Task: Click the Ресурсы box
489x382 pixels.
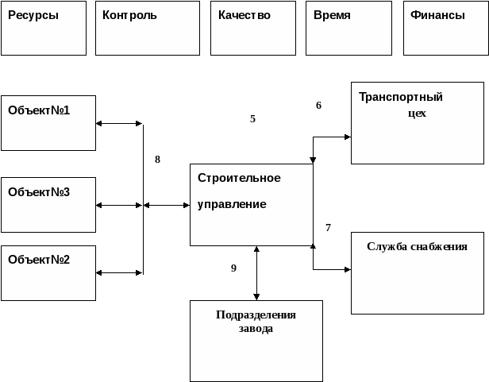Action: (43, 29)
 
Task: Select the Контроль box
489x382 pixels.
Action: (147, 29)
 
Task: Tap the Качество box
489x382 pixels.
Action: (254, 29)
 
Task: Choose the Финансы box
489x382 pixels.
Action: (445, 29)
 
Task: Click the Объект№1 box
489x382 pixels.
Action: (48, 122)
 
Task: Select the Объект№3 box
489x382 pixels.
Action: (48, 204)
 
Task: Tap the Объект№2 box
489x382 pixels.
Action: (48, 272)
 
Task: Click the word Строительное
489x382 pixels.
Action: (239, 178)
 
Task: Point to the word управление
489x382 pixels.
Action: (232, 204)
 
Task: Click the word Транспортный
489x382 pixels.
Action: (401, 98)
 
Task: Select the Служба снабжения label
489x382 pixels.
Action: (417, 246)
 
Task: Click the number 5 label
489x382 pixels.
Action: (252, 119)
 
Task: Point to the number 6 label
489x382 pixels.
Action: (318, 105)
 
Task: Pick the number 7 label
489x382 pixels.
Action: (328, 228)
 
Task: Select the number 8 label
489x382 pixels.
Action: (157, 159)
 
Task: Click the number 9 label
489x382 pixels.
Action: (233, 268)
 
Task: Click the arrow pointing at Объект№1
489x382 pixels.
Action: (100, 123)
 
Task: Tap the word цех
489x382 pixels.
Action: (416, 113)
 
